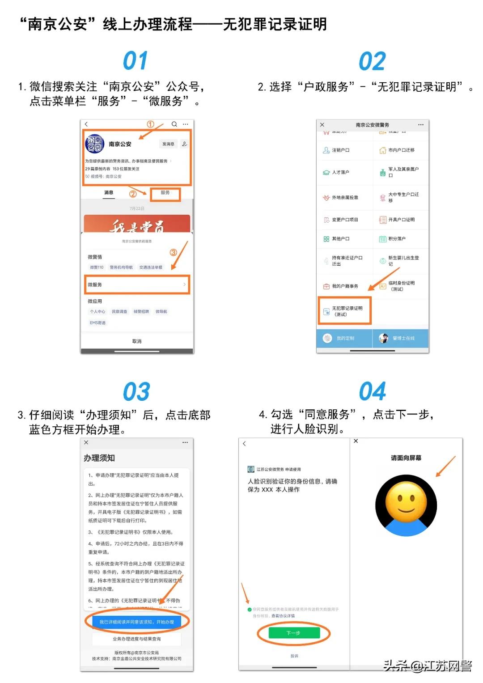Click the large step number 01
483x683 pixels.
[135, 61]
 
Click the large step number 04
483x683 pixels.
[372, 391]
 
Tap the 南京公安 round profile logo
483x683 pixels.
[94, 144]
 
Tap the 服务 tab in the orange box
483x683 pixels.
[165, 193]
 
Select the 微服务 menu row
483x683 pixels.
[137, 284]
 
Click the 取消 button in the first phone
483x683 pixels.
[137, 341]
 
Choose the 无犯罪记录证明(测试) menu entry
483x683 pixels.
[344, 311]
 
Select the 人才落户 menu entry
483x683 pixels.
[340, 172]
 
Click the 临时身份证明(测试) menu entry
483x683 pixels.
[401, 286]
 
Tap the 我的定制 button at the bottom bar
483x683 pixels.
[344, 338]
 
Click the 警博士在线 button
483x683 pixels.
[401, 338]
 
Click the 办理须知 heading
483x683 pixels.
[99, 458]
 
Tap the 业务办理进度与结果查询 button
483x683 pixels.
[137, 639]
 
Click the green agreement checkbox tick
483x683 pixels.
[249, 609]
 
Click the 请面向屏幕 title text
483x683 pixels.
[406, 458]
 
